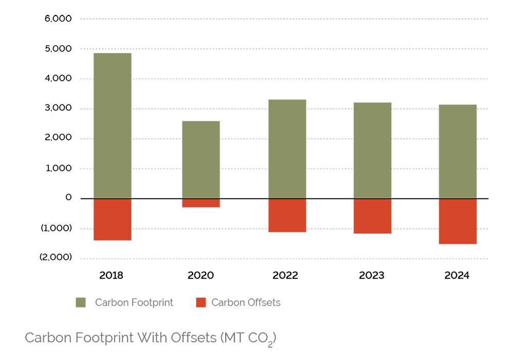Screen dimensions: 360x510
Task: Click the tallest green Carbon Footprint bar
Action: pyautogui.click(x=112, y=125)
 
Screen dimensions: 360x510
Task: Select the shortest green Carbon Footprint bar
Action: pyautogui.click(x=201, y=159)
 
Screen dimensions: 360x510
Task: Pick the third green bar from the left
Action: pyautogui.click(x=287, y=149)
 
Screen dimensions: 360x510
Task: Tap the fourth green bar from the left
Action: pyautogui.click(x=372, y=150)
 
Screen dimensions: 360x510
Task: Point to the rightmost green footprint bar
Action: pyautogui.click(x=458, y=151)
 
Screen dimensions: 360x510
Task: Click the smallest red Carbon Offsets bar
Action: pyautogui.click(x=201, y=204)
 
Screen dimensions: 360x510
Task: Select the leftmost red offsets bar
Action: pyautogui.click(x=112, y=220)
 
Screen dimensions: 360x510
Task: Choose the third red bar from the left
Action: pyautogui.click(x=287, y=215)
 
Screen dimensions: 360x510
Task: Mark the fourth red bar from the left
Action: pyautogui.click(x=372, y=217)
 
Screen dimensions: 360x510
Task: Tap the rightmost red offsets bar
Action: pyautogui.click(x=458, y=222)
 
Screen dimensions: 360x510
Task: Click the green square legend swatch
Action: pyautogui.click(x=81, y=302)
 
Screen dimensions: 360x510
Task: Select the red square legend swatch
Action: pyautogui.click(x=201, y=302)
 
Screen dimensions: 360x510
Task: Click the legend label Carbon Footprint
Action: pyautogui.click(x=134, y=302)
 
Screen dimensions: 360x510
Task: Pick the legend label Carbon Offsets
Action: pyautogui.click(x=246, y=302)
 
